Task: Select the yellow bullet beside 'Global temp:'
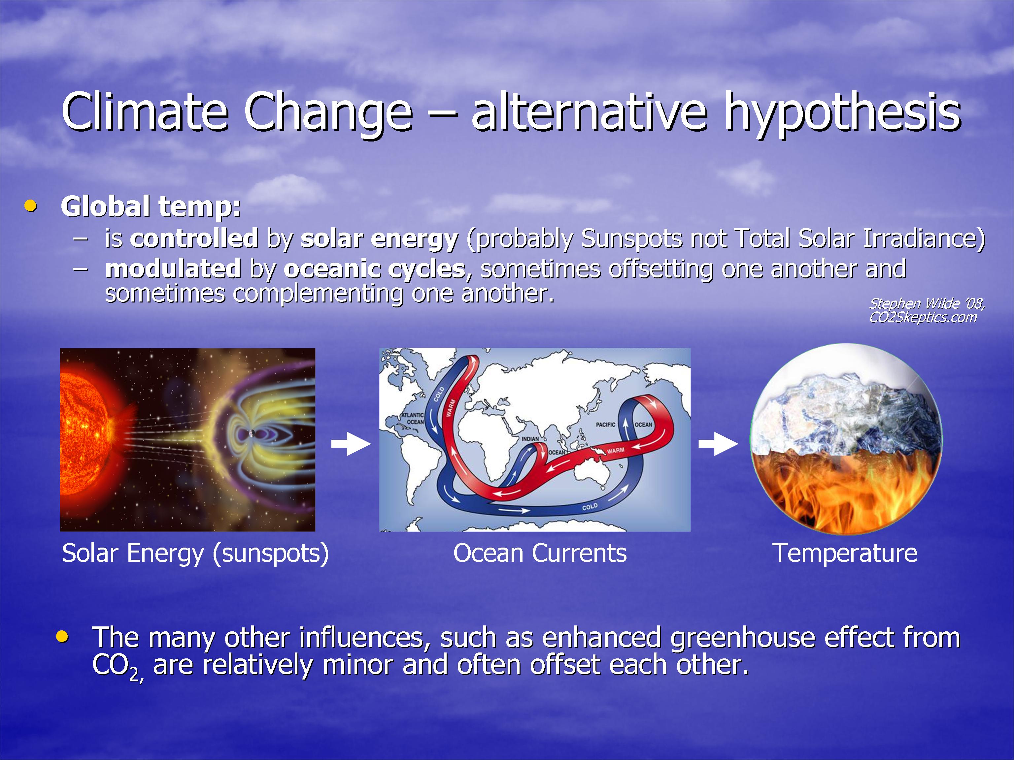coord(31,206)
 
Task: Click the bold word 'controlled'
coord(194,238)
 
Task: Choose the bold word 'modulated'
coord(173,269)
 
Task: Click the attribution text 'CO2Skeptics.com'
coord(923,317)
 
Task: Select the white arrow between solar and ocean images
coord(351,443)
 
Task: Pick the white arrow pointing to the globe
coord(718,443)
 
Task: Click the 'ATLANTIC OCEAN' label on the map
coord(413,418)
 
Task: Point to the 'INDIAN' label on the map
coord(530,439)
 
